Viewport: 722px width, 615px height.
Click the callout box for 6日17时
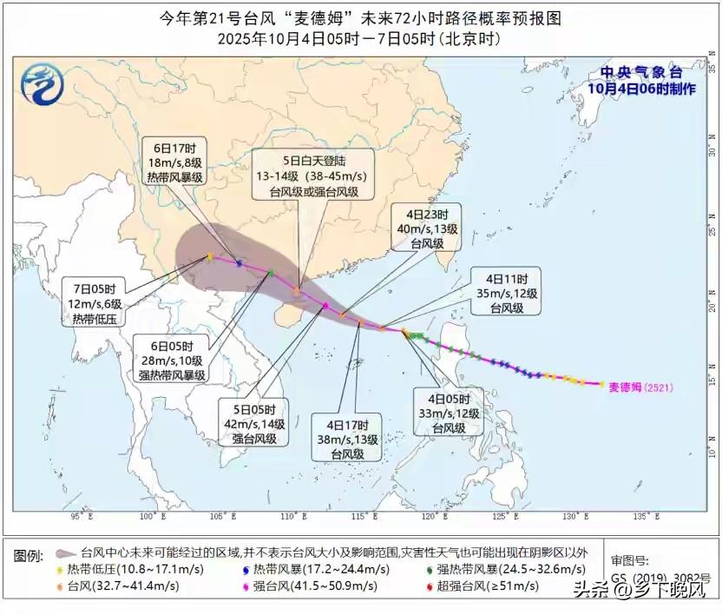pyautogui.click(x=174, y=161)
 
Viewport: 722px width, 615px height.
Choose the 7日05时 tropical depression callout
pyautogui.click(x=95, y=302)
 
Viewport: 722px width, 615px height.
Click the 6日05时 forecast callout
pyautogui.click(x=171, y=359)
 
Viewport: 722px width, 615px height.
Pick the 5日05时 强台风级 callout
pyautogui.click(x=253, y=424)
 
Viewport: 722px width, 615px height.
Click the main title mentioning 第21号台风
pyautogui.click(x=360, y=17)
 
